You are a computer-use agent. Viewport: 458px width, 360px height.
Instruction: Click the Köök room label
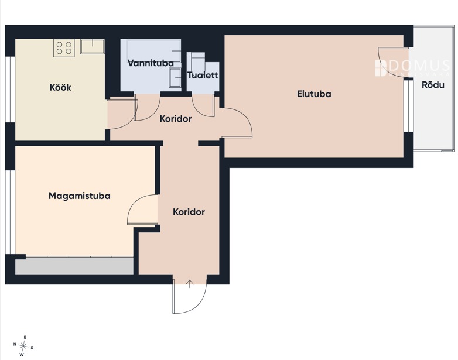60,87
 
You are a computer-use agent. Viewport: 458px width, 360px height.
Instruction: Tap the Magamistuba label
80,196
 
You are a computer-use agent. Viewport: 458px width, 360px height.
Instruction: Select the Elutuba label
314,94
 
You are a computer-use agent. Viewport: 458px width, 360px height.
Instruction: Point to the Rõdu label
433,85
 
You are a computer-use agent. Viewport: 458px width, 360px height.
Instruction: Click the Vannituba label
151,63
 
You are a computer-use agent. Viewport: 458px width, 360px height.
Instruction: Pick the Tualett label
203,75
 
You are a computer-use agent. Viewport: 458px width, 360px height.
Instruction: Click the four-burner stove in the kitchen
64,48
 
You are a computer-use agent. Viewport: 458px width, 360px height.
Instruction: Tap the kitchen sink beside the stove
93,47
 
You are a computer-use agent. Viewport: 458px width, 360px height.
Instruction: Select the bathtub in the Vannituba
154,50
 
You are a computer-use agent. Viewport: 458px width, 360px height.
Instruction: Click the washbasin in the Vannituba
175,78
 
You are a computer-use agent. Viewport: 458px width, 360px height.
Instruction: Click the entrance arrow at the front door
190,283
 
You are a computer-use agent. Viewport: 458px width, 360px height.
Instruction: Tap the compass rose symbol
23,347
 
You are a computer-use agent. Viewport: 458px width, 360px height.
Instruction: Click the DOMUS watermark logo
412,68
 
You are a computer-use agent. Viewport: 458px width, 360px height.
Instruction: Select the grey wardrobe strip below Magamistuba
74,266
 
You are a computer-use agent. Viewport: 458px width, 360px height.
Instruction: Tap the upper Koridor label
176,119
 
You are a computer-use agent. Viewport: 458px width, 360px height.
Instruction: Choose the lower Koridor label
189,212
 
